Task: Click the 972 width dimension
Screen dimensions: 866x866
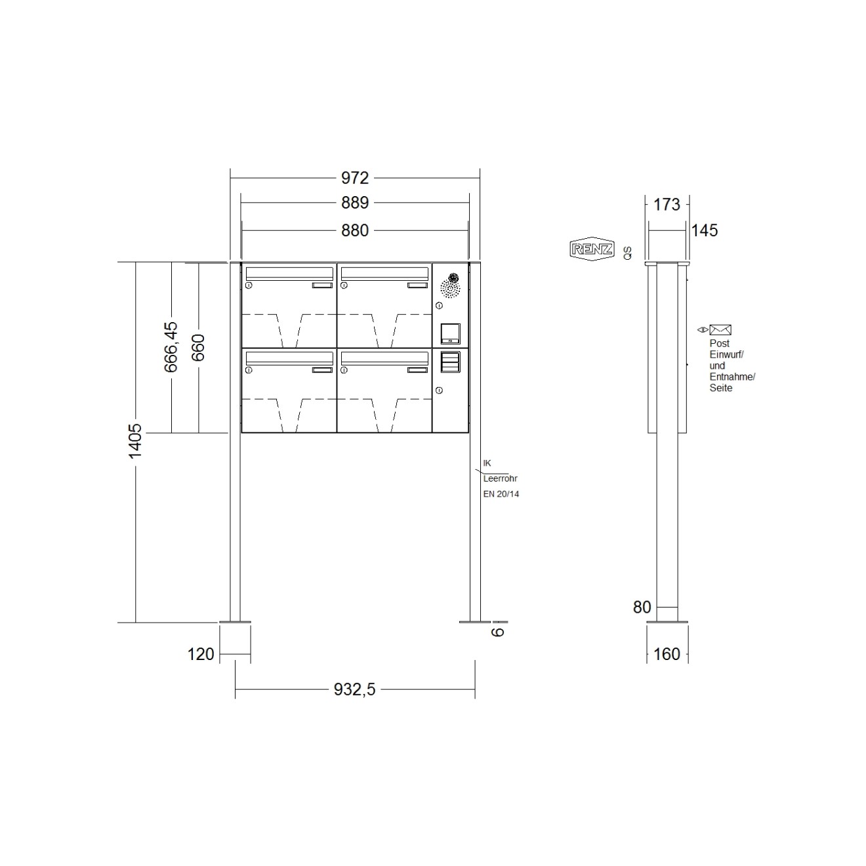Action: [x=354, y=178]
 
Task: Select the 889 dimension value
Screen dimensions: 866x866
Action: [x=354, y=203]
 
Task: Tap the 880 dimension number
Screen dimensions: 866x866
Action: [x=354, y=230]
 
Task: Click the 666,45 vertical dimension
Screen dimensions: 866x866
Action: [x=171, y=347]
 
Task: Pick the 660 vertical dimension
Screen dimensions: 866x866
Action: [x=198, y=347]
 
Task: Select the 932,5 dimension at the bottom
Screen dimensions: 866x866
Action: [x=354, y=689]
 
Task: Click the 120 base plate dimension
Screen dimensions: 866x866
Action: [x=201, y=654]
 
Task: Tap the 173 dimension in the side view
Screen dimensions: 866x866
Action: [x=667, y=205]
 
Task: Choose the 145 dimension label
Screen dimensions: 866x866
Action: [x=705, y=230]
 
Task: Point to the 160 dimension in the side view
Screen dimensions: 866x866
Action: [x=667, y=654]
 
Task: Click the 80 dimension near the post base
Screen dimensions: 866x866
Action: [x=642, y=608]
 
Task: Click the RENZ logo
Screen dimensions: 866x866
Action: [x=592, y=249]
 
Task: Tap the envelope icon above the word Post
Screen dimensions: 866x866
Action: [x=720, y=330]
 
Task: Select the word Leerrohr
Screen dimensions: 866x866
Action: [x=500, y=479]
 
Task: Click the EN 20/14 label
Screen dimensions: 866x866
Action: [x=501, y=494]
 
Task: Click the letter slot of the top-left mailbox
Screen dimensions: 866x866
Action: [x=289, y=272]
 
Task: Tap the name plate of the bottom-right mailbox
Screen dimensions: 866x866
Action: [x=417, y=371]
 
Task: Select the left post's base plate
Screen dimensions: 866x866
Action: [x=235, y=621]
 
